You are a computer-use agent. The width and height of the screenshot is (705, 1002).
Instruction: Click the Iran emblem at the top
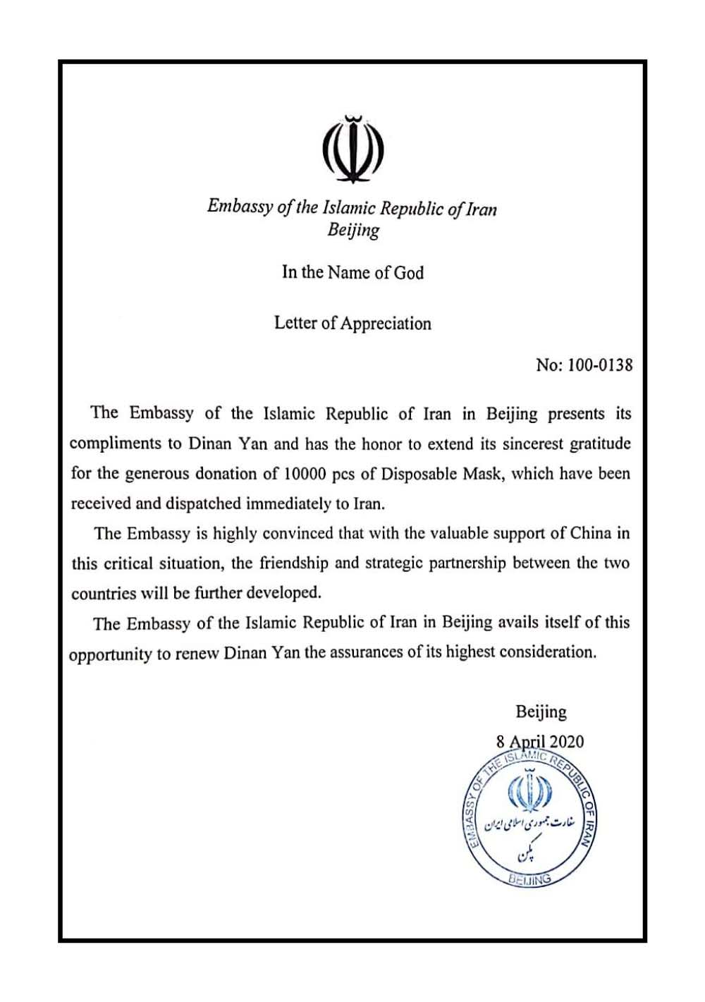click(352, 149)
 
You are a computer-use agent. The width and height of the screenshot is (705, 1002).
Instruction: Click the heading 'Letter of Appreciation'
click(352, 324)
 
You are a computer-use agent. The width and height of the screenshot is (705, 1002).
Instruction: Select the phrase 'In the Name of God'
click(352, 272)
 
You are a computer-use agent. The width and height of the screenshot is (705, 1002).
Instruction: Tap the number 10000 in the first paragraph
click(305, 474)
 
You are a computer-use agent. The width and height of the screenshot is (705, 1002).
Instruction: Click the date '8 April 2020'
click(540, 741)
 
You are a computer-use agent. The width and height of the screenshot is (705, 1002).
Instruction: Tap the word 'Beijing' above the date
click(541, 712)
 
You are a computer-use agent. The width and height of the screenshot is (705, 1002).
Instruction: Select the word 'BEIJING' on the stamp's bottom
click(530, 879)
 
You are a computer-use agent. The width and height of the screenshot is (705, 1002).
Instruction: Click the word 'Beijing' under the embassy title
click(353, 230)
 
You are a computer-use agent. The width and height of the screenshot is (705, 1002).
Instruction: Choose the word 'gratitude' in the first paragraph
click(600, 444)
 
